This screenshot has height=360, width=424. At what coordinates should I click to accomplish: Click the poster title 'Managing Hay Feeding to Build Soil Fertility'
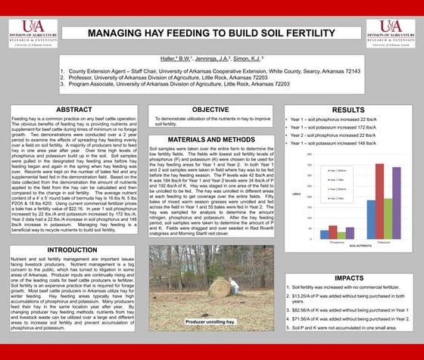[212, 34]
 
